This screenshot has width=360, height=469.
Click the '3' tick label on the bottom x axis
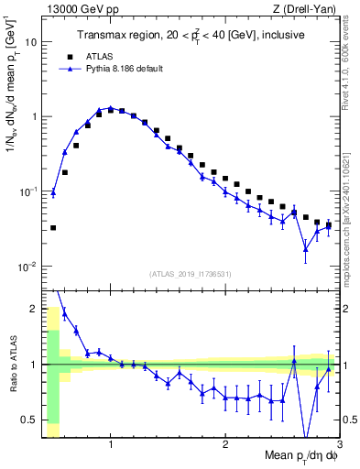point(339,445)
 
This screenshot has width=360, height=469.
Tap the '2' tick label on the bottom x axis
point(225,445)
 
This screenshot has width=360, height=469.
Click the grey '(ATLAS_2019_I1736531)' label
point(191,273)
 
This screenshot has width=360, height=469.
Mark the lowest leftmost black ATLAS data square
point(53,227)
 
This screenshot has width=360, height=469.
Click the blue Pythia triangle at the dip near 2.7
point(306,248)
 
